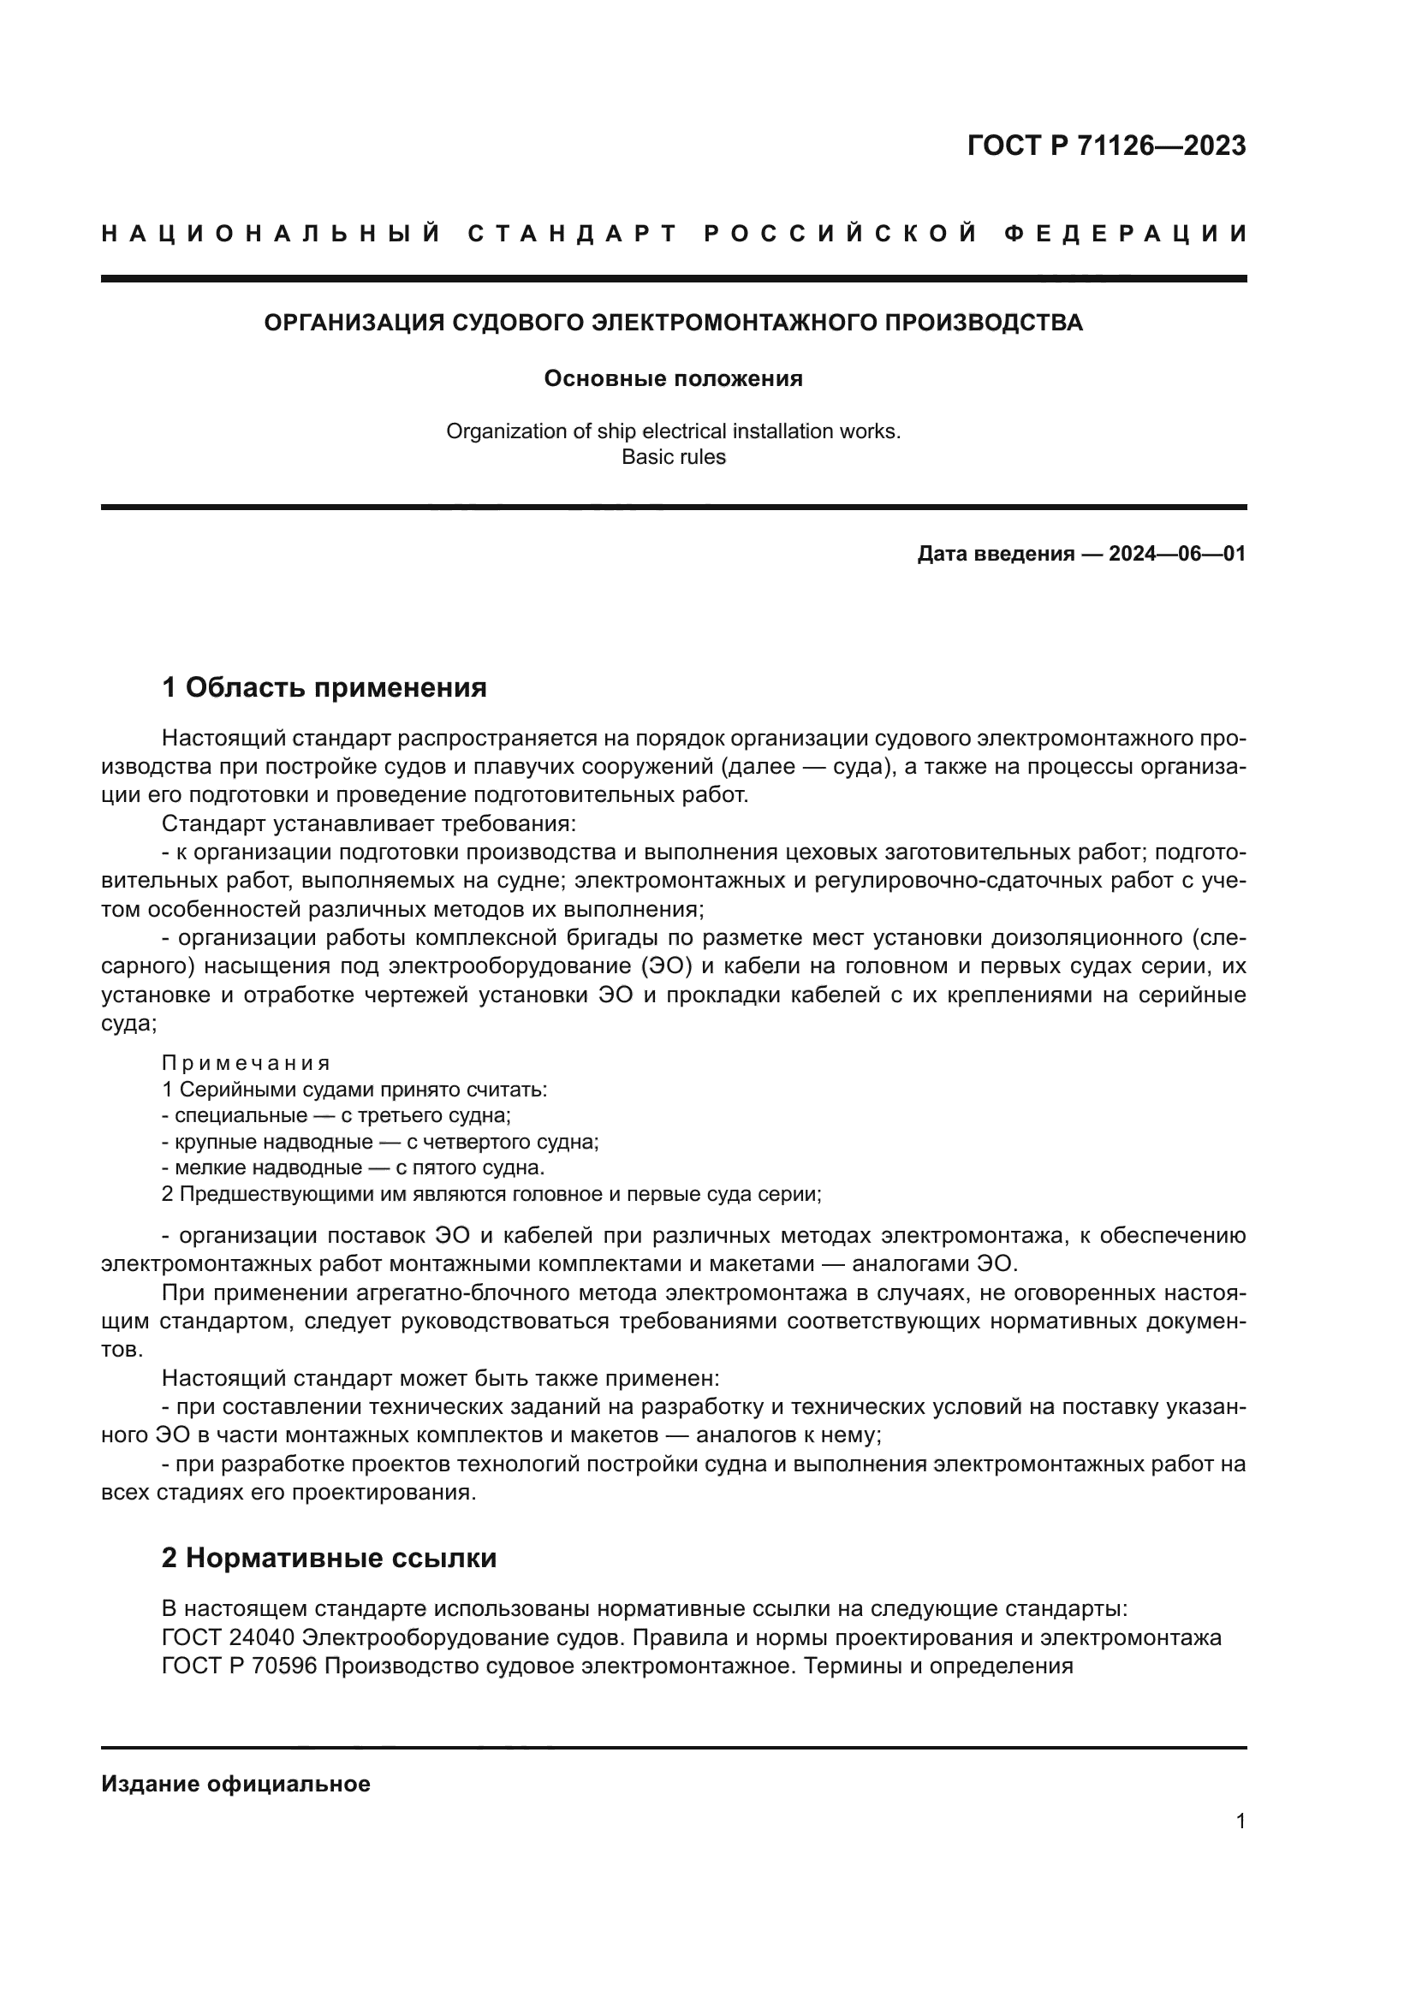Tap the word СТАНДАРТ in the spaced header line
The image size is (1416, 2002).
573,234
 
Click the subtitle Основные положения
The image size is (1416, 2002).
673,378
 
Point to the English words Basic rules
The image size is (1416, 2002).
673,457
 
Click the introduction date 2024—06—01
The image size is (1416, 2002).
1177,554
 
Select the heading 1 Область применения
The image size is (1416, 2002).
324,687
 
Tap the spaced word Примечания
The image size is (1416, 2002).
246,1063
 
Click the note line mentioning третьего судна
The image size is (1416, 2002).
336,1115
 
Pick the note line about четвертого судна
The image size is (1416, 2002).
380,1142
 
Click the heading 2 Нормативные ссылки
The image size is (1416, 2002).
329,1557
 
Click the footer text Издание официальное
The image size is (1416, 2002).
235,1784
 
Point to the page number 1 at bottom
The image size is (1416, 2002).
1240,1821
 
